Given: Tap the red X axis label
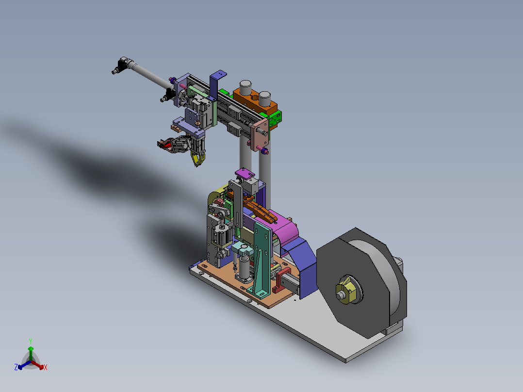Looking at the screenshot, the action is (46, 367).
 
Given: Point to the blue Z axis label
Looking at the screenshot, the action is (16, 367).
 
